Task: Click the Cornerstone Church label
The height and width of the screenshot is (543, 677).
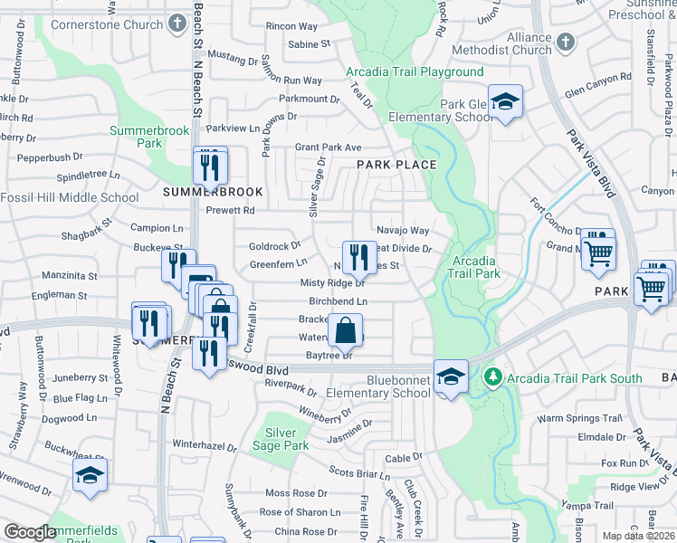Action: click(x=107, y=24)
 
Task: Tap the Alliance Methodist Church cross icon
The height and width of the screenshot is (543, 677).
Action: click(x=567, y=43)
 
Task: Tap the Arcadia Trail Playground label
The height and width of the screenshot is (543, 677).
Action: click(x=415, y=71)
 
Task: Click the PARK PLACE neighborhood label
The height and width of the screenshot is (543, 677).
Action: click(x=396, y=165)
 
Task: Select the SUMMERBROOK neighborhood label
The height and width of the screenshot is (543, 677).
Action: click(x=213, y=192)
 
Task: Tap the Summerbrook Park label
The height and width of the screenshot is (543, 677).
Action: click(x=149, y=137)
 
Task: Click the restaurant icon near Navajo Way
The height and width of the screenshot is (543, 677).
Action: click(x=359, y=257)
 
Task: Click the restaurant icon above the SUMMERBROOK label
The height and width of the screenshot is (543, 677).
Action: click(x=210, y=166)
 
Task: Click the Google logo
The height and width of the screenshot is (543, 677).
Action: click(x=30, y=532)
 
